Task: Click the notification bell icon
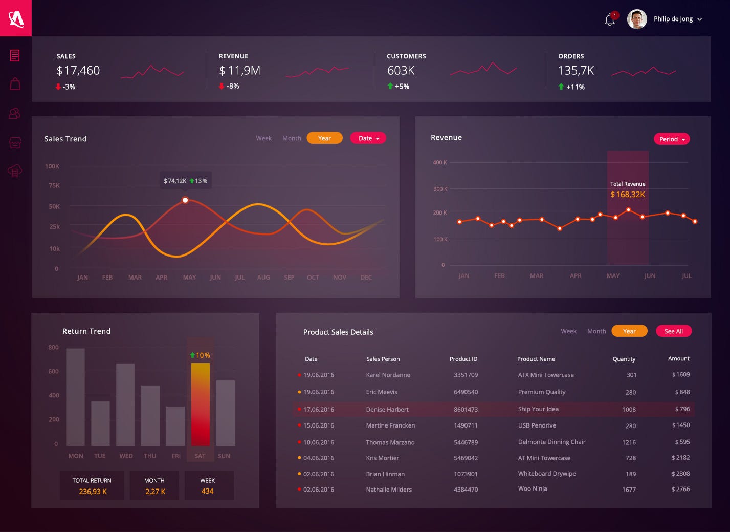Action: point(609,20)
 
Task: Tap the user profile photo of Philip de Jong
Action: point(637,19)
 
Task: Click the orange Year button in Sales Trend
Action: point(324,138)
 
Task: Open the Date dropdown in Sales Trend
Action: point(368,138)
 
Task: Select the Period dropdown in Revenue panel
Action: point(671,139)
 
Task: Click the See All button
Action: point(673,331)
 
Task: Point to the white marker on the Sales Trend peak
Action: point(185,200)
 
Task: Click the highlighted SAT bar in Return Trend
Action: point(201,404)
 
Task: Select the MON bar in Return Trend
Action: point(76,397)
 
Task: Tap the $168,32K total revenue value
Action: point(628,195)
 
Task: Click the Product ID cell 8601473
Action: point(466,410)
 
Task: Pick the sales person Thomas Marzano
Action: point(390,442)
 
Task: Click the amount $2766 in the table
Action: point(680,490)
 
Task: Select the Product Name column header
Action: point(536,359)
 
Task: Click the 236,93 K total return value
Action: point(93,492)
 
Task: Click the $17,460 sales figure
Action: point(78,71)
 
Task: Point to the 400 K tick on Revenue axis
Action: point(440,163)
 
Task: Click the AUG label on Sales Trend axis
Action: point(263,278)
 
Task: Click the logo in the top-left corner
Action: point(16,18)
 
